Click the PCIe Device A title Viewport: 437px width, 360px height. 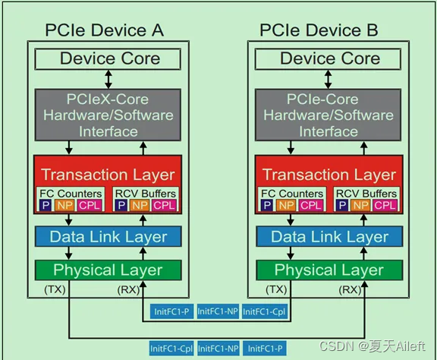click(x=105, y=31)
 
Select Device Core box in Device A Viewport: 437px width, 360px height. click(x=110, y=58)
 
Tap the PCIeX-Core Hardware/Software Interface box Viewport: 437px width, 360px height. click(x=110, y=115)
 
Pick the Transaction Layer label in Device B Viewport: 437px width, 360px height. click(x=330, y=175)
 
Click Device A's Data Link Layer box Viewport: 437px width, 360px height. click(x=108, y=236)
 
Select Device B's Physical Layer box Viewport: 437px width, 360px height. click(x=329, y=270)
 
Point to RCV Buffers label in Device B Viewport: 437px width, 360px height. click(x=366, y=194)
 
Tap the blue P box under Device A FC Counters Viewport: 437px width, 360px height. click(x=46, y=205)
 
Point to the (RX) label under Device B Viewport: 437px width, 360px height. click(x=351, y=289)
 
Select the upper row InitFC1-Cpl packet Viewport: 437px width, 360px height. click(x=265, y=311)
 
